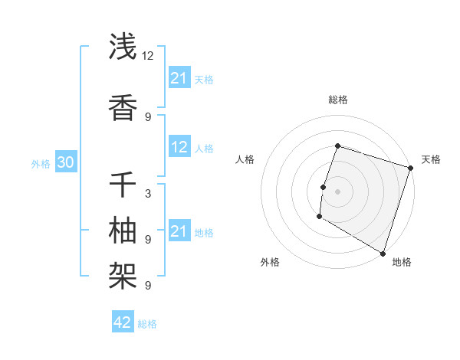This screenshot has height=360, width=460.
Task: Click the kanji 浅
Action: pyautogui.click(x=123, y=47)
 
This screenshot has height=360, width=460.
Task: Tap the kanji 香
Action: pyautogui.click(x=123, y=108)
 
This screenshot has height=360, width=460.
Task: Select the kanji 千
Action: pyautogui.click(x=123, y=185)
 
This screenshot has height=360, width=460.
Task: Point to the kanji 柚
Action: pyautogui.click(x=123, y=230)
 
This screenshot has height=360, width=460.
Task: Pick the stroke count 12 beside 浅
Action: pyautogui.click(x=148, y=55)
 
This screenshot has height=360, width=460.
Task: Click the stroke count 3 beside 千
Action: pyautogui.click(x=147, y=194)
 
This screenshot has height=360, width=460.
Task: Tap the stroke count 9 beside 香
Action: pyautogui.click(x=147, y=116)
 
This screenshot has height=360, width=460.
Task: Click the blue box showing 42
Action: pyautogui.click(x=123, y=322)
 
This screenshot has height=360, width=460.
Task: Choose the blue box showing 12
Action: pyautogui.click(x=179, y=148)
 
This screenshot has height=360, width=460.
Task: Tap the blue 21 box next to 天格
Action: pyautogui.click(x=179, y=78)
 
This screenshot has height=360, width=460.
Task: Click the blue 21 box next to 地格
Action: pyautogui.click(x=179, y=231)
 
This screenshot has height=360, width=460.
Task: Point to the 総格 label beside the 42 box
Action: pyautogui.click(x=147, y=324)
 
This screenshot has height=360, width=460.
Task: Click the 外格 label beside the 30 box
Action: pyautogui.click(x=41, y=164)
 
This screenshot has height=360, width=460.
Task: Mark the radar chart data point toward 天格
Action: pyautogui.click(x=410, y=168)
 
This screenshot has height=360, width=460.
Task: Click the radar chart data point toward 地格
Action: pyautogui.click(x=383, y=253)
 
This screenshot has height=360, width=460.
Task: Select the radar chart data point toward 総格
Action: pyautogui.click(x=337, y=146)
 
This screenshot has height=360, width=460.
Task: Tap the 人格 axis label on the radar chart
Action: pyautogui.click(x=245, y=159)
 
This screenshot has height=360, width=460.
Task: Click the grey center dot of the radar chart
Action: pyautogui.click(x=337, y=191)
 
